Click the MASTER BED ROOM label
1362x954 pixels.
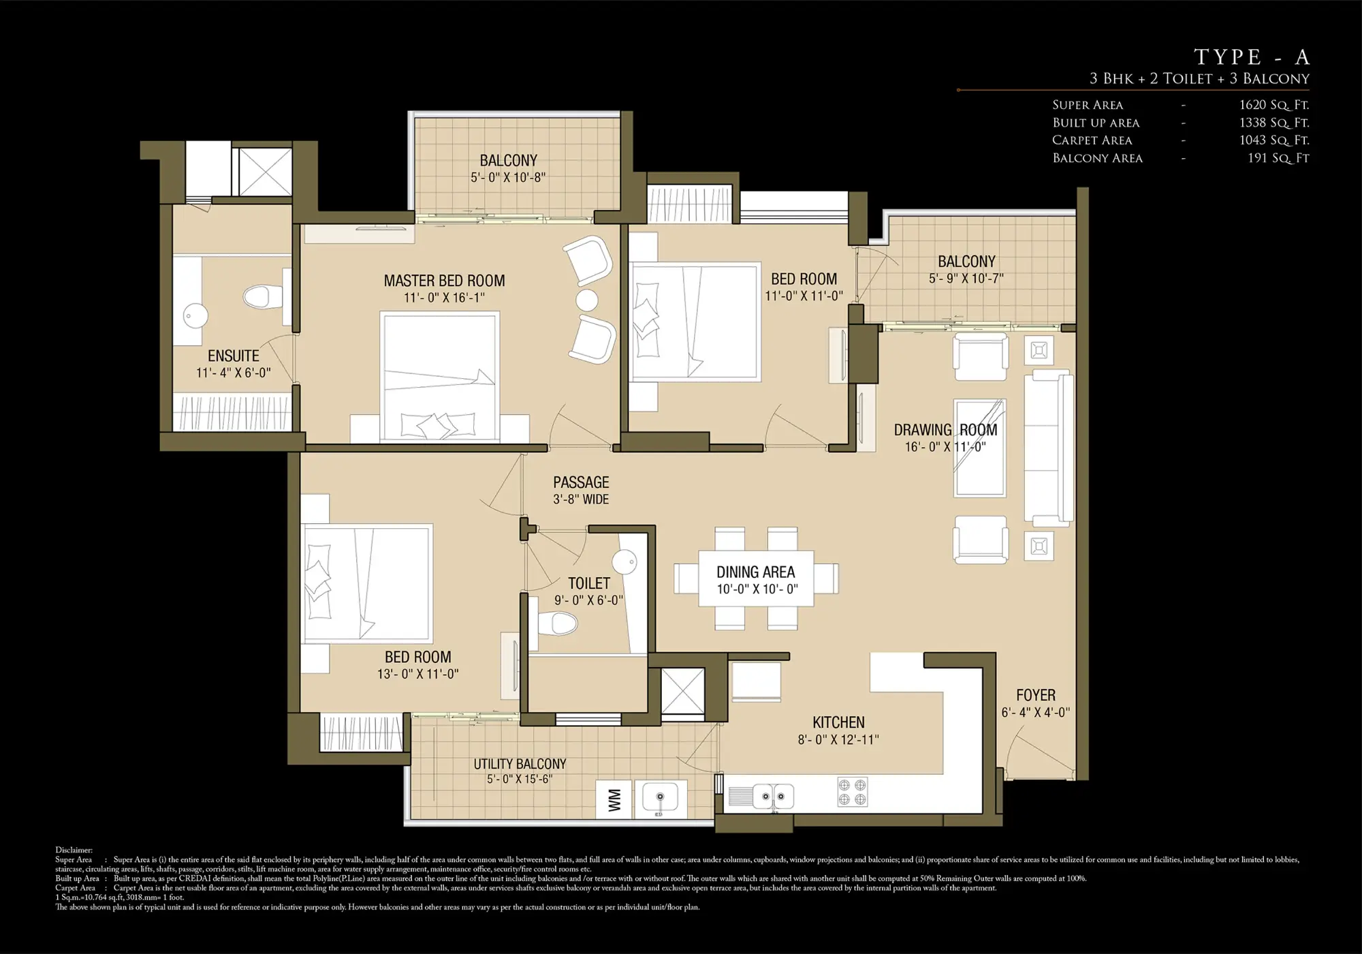click(x=444, y=281)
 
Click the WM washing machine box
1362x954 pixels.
click(x=614, y=799)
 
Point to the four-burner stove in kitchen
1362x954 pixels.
click(x=852, y=792)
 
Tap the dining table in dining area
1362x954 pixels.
click(x=756, y=579)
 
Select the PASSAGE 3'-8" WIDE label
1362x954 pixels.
click(x=581, y=490)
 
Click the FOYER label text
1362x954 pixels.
click(x=1035, y=695)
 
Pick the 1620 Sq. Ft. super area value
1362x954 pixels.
click(x=1274, y=105)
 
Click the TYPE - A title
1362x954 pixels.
click(x=1251, y=57)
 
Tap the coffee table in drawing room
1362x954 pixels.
click(x=980, y=448)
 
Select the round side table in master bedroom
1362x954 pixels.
click(x=586, y=300)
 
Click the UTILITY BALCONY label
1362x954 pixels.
click(x=520, y=764)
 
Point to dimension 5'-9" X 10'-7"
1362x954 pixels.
click(x=966, y=279)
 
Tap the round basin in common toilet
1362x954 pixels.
click(x=624, y=562)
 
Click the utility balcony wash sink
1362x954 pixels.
click(x=659, y=798)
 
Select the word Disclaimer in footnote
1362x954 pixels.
click(x=74, y=850)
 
